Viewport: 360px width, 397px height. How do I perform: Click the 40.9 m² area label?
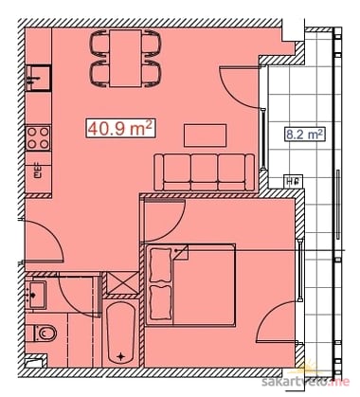pyautogui.click(x=120, y=129)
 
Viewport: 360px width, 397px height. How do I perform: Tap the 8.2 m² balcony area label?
pyautogui.click(x=305, y=135)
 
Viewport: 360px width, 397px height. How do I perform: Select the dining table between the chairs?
pyautogui.click(x=125, y=58)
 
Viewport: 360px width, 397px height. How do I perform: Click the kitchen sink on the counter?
pyautogui.click(x=39, y=78)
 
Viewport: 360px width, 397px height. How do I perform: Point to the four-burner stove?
pyautogui.click(x=38, y=138)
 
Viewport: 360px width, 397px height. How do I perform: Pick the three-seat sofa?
pyautogui.click(x=205, y=172)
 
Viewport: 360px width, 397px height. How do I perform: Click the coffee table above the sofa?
pyautogui.click(x=206, y=135)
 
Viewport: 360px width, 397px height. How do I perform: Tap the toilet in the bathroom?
pyautogui.click(x=45, y=334)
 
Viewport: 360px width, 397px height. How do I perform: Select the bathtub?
pyautogui.click(x=120, y=334)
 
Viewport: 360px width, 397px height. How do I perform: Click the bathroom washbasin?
pyautogui.click(x=36, y=295)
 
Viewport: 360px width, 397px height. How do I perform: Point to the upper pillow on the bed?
pyautogui.click(x=160, y=265)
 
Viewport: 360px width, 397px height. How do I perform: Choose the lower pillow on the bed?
pyautogui.click(x=160, y=302)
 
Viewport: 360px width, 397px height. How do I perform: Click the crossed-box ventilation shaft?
pyautogui.click(x=122, y=282)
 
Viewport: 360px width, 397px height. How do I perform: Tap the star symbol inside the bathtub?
pyautogui.click(x=120, y=356)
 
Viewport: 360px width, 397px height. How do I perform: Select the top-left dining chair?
pyautogui.click(x=99, y=44)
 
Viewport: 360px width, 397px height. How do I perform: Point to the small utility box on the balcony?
pyautogui.click(x=294, y=181)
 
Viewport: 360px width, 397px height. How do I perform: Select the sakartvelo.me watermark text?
pyautogui.click(x=306, y=381)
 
